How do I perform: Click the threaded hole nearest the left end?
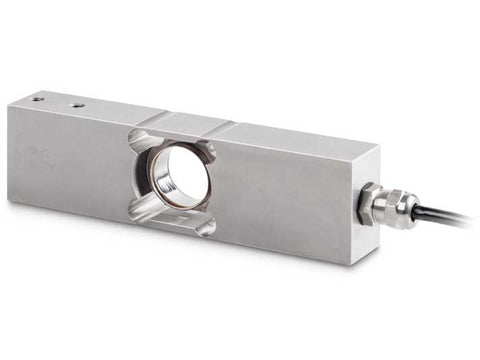point(37,99)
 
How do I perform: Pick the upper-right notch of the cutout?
point(208,149)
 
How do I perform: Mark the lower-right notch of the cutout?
point(206,226)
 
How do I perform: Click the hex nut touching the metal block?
point(369,206)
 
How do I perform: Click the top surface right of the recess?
point(290,135)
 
